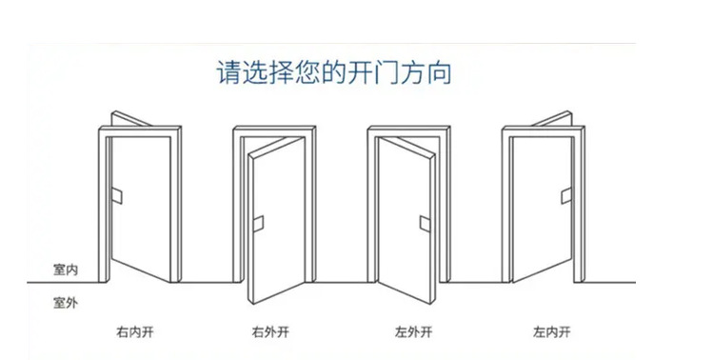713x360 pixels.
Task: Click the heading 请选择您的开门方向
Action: pyautogui.click(x=334, y=72)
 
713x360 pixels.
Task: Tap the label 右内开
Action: pyautogui.click(x=134, y=332)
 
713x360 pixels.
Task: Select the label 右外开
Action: pyautogui.click(x=270, y=332)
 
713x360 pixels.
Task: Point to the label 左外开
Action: pyautogui.click(x=413, y=332)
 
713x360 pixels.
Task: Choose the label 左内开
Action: pyautogui.click(x=551, y=332)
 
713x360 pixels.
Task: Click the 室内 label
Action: pyautogui.click(x=66, y=270)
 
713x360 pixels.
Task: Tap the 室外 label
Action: pyautogui.click(x=66, y=303)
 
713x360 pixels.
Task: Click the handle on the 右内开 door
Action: pyautogui.click(x=117, y=195)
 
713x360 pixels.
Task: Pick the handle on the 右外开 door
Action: pyautogui.click(x=258, y=224)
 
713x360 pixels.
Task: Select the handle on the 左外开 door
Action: pyautogui.click(x=426, y=224)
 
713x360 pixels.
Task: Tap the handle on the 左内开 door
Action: pyautogui.click(x=566, y=195)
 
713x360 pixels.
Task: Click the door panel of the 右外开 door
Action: pyautogui.click(x=277, y=221)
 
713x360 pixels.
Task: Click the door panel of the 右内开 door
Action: pyautogui.click(x=141, y=210)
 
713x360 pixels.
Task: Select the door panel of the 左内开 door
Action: pyautogui.click(x=542, y=210)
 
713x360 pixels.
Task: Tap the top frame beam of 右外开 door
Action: pyautogui.click(x=274, y=131)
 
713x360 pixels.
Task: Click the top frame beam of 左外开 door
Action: pyautogui.click(x=408, y=131)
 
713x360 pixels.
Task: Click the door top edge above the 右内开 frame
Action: pyautogui.click(x=131, y=118)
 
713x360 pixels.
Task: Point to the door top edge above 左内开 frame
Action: pyautogui.click(x=552, y=118)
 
